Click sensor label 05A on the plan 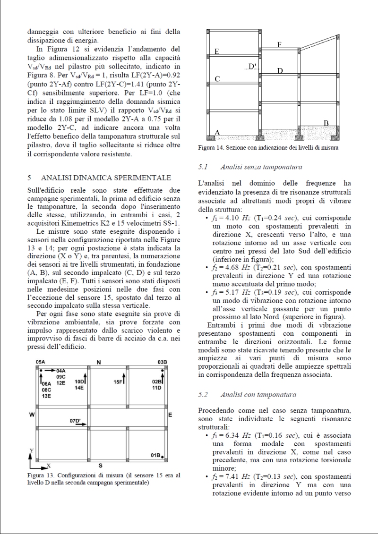tap(41, 362)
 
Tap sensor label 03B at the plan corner tap(163, 362)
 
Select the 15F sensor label tap(118, 381)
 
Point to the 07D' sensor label tap(75, 420)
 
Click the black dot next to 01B tap(162, 457)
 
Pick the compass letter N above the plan tap(99, 362)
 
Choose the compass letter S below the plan tap(101, 466)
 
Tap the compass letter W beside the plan tap(32, 415)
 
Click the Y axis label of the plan tap(32, 451)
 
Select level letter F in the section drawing tap(279, 44)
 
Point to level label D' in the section tap(252, 67)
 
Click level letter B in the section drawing tap(326, 123)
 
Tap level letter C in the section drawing tap(217, 79)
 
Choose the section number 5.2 tap(204, 394)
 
